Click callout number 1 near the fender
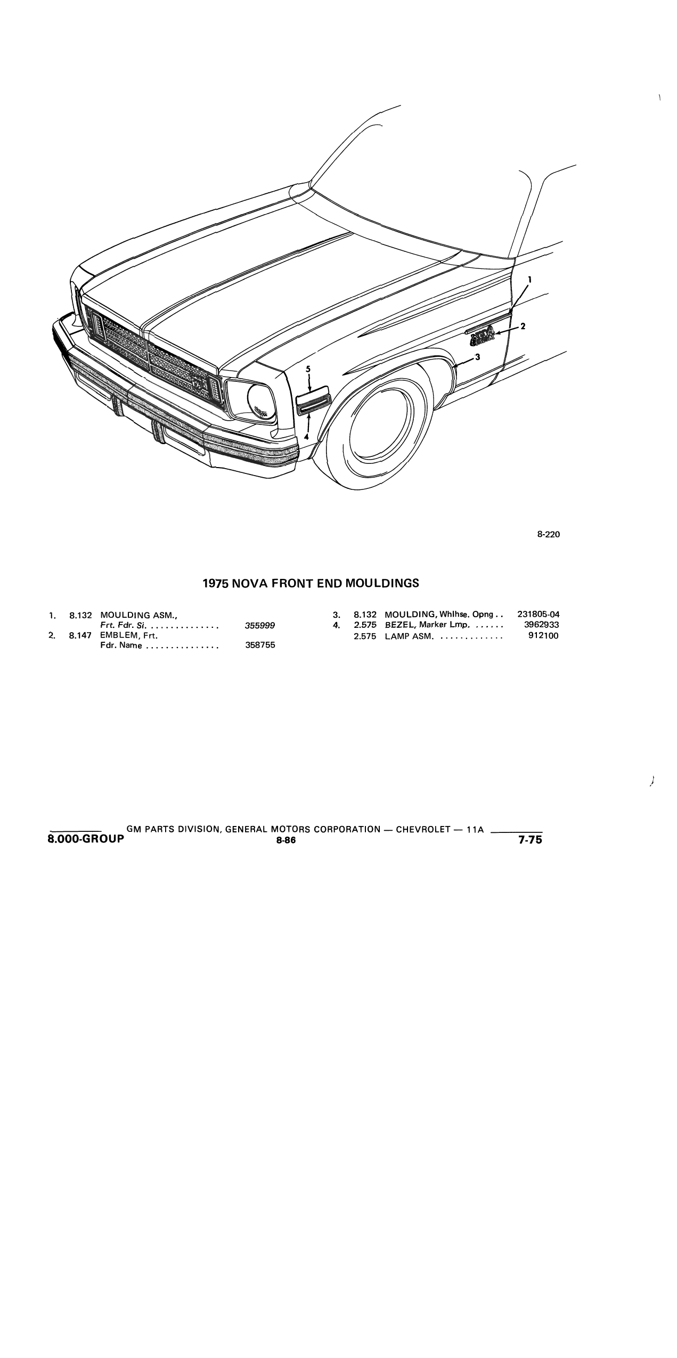529,279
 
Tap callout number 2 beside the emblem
523,326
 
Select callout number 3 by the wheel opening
477,357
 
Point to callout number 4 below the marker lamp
306,436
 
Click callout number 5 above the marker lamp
308,369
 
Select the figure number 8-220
549,534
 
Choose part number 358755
260,645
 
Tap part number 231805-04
538,614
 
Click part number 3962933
541,625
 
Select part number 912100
543,636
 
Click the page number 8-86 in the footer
286,840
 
